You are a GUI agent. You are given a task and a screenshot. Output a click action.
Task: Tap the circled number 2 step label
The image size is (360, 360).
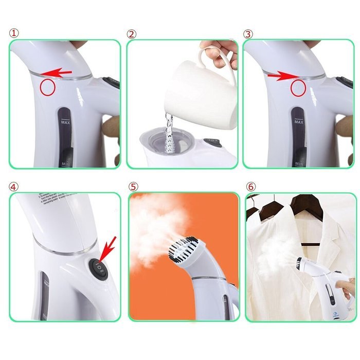tap(132, 34)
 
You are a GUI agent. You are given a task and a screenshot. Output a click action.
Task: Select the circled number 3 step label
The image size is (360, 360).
tap(249, 34)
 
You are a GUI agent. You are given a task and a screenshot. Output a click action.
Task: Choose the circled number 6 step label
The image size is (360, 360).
tap(250, 187)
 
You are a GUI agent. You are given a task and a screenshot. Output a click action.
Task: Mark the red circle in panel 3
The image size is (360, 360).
tap(298, 88)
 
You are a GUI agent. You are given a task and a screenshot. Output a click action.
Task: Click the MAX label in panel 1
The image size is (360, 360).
tap(65, 123)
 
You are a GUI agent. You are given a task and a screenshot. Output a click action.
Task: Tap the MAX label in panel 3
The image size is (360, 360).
tap(299, 123)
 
